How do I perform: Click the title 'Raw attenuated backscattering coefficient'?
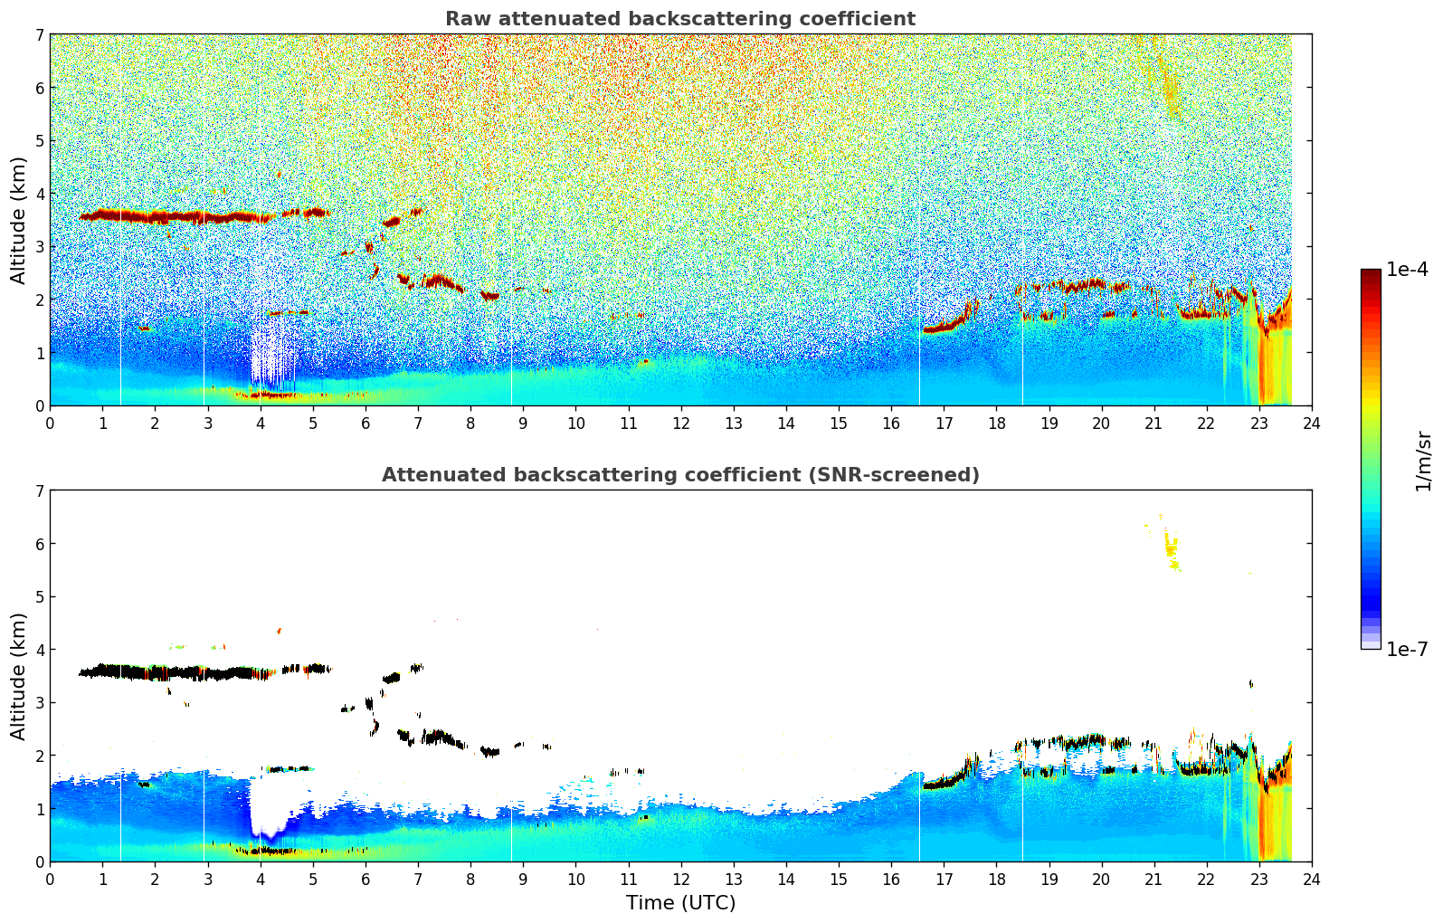pyautogui.click(x=679, y=19)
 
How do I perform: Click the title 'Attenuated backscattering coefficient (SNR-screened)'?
pyautogui.click(x=679, y=475)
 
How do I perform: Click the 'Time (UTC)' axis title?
pyautogui.click(x=680, y=903)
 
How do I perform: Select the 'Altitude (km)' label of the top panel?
pyautogui.click(x=19, y=220)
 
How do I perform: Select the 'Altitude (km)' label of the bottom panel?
pyautogui.click(x=19, y=676)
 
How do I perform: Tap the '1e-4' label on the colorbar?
pyautogui.click(x=1407, y=270)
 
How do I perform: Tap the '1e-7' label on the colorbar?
pyautogui.click(x=1407, y=649)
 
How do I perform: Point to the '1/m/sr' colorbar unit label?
pyautogui.click(x=1423, y=460)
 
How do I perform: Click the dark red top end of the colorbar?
pyautogui.click(x=1371, y=274)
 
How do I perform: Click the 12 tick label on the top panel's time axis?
pyautogui.click(x=680, y=423)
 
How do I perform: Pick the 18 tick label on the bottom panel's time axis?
pyautogui.click(x=996, y=880)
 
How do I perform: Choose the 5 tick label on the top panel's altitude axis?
pyautogui.click(x=39, y=141)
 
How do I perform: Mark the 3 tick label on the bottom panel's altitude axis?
pyautogui.click(x=39, y=703)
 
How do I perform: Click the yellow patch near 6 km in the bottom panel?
pyautogui.click(x=1172, y=548)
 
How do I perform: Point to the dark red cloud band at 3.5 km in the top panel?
pyautogui.click(x=181, y=216)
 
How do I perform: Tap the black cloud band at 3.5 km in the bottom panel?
pyautogui.click(x=181, y=672)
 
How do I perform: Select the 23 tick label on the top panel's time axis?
pyautogui.click(x=1258, y=423)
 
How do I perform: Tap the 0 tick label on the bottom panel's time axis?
pyautogui.click(x=50, y=880)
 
